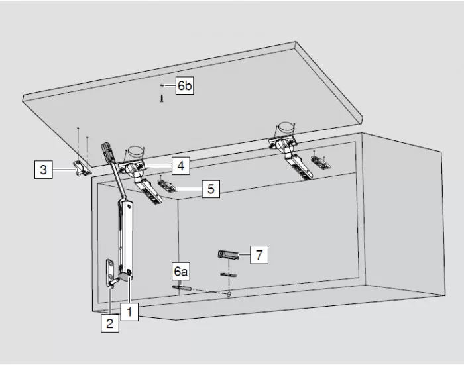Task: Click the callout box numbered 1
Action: [x=129, y=311]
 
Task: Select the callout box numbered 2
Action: [x=110, y=323]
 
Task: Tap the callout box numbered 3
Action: [x=44, y=170]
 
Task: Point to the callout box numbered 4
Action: [x=181, y=166]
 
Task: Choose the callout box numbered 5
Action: [x=211, y=189]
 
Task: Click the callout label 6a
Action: [x=181, y=272]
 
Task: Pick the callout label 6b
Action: [x=185, y=85]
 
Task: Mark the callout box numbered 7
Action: [x=259, y=254]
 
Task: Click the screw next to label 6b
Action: [x=162, y=90]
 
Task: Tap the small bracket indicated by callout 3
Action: [x=82, y=169]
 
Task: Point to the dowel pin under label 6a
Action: [x=182, y=287]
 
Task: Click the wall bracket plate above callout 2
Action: [x=110, y=273]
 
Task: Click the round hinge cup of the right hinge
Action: [x=286, y=127]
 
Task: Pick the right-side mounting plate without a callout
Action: [x=320, y=162]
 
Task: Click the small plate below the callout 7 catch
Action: [x=229, y=275]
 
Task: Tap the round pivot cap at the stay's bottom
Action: [x=125, y=276]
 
